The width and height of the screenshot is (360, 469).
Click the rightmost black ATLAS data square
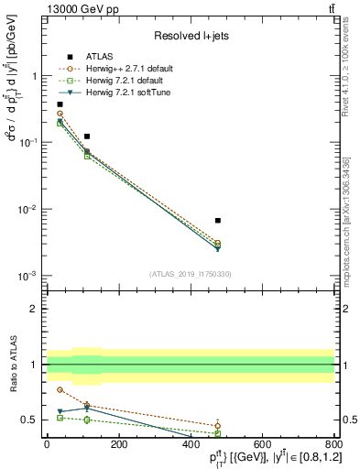click(x=217, y=221)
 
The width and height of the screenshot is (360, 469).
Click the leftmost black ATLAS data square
click(x=60, y=104)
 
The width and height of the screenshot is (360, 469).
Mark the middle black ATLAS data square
click(x=87, y=136)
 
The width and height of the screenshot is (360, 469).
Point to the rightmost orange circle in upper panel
click(x=217, y=243)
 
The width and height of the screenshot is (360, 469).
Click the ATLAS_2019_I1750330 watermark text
click(x=191, y=273)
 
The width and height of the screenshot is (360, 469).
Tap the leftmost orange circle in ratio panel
click(x=60, y=389)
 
